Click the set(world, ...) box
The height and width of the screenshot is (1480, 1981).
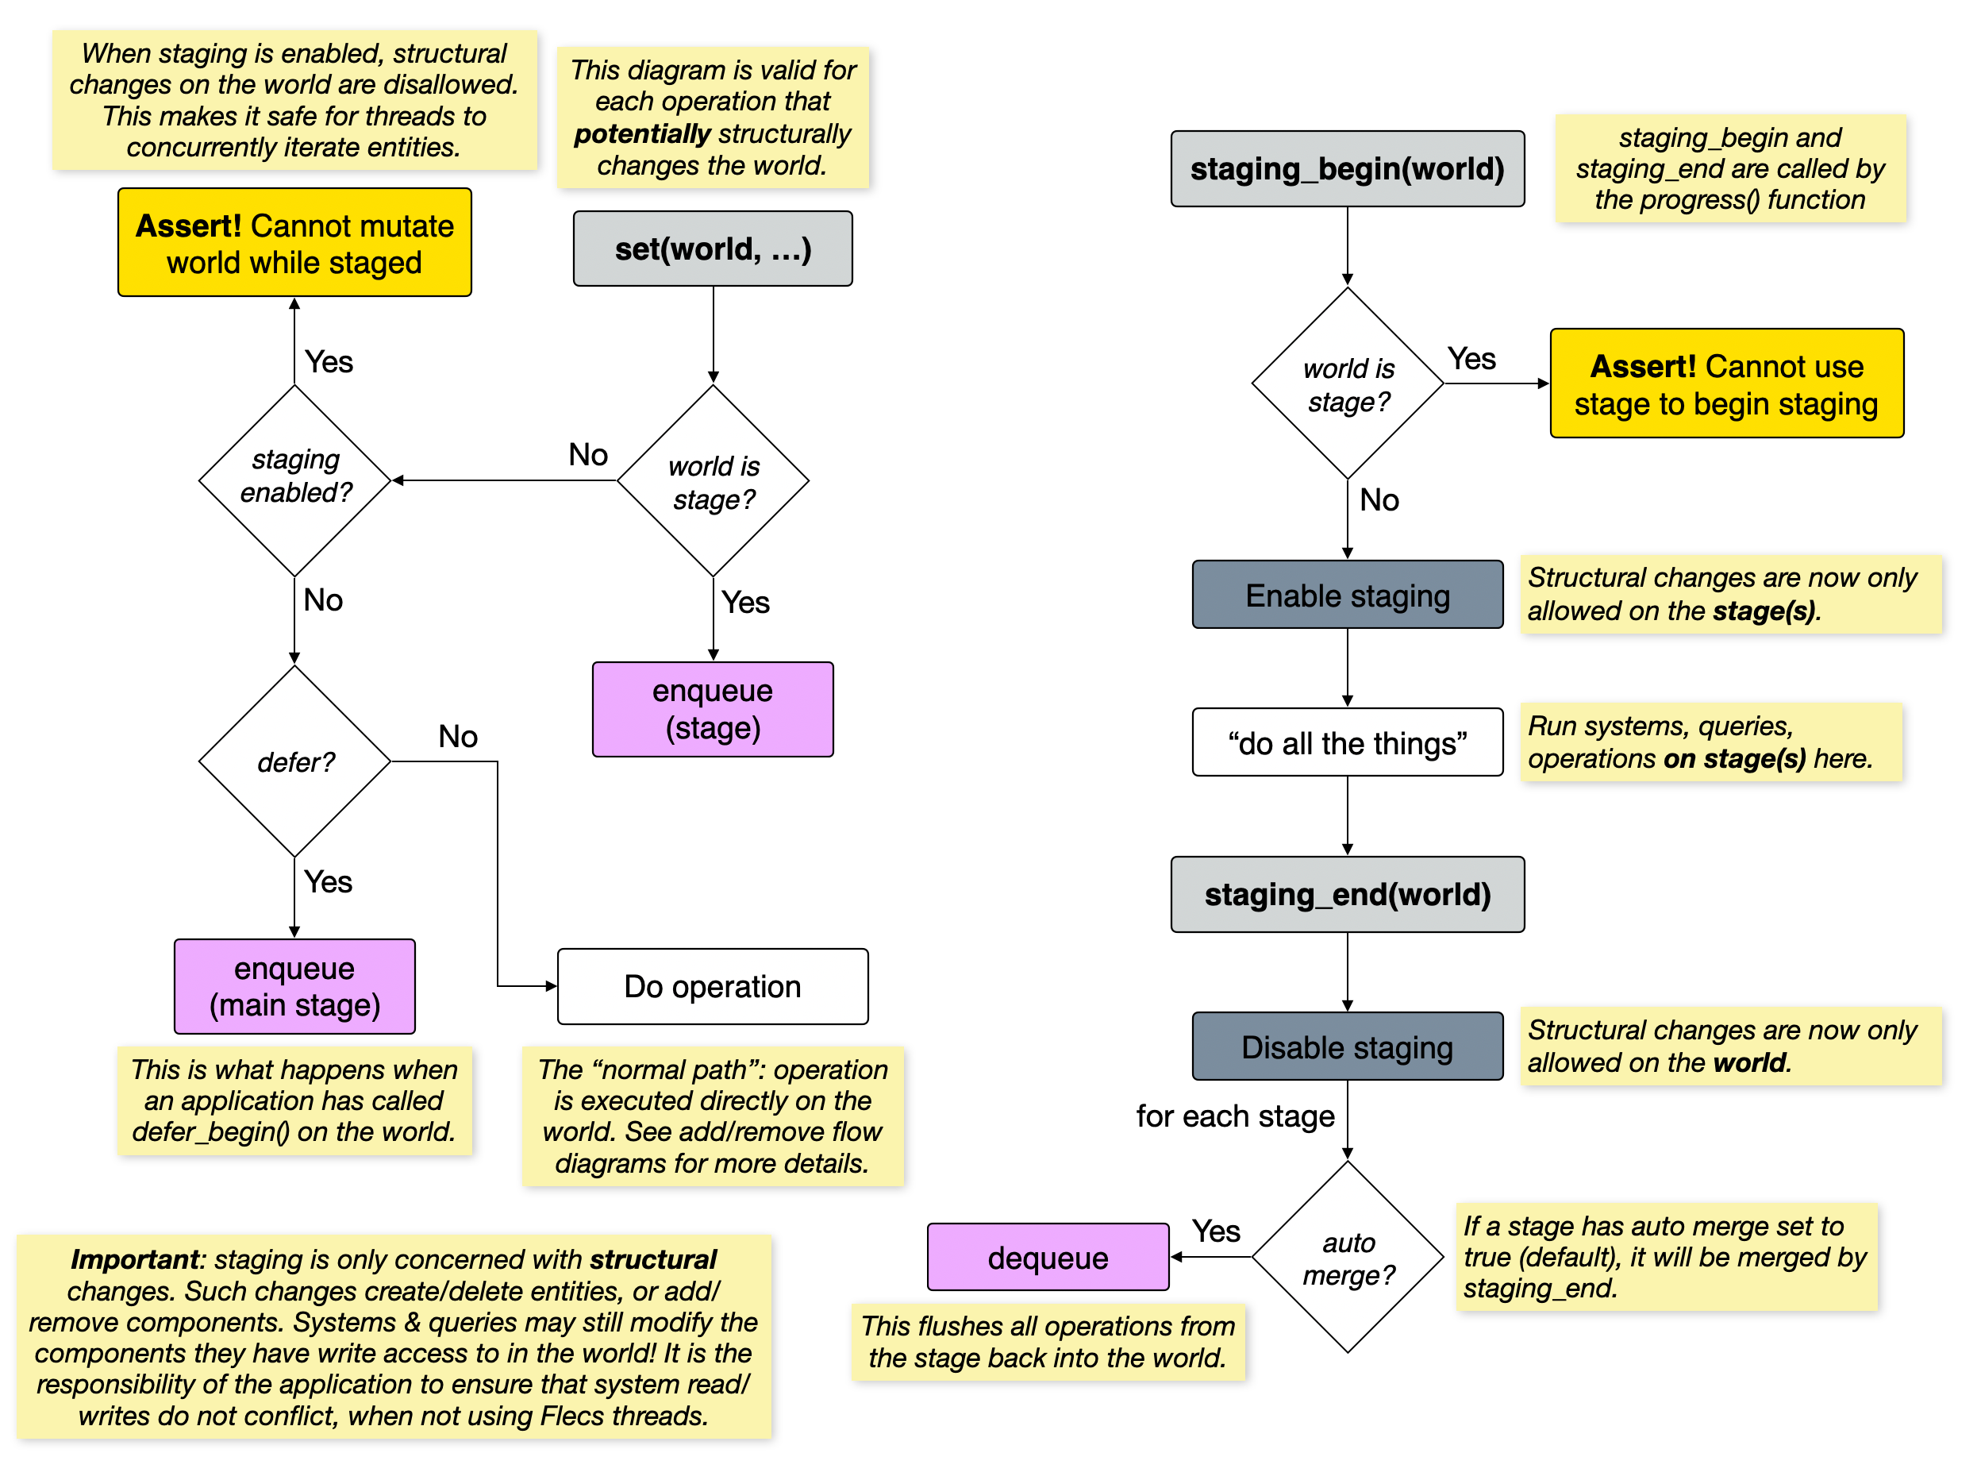tap(712, 249)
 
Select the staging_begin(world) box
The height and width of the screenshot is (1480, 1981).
tap(1346, 169)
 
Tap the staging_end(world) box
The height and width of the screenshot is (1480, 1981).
tap(1346, 894)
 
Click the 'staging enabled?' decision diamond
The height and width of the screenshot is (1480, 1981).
tap(294, 480)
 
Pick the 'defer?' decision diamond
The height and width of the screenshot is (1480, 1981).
tap(294, 761)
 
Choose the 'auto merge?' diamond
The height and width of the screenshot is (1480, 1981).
tap(1347, 1257)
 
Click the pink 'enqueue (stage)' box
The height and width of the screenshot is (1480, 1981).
tap(712, 709)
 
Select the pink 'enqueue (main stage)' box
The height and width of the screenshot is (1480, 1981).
tap(294, 985)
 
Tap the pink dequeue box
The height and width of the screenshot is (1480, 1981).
tap(1047, 1257)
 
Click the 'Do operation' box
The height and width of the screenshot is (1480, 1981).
tap(712, 985)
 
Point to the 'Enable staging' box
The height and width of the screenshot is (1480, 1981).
tap(1346, 595)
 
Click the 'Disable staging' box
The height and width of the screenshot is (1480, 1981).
tap(1346, 1046)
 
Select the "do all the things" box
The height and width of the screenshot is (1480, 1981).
tap(1346, 742)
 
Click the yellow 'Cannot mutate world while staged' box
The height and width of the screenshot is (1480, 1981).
tap(294, 243)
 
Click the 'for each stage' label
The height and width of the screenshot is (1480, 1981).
tap(1234, 1116)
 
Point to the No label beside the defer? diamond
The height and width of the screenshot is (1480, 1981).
tap(458, 736)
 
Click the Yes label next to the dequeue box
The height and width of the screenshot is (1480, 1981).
tap(1215, 1231)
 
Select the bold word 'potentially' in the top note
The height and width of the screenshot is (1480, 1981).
tap(641, 133)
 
